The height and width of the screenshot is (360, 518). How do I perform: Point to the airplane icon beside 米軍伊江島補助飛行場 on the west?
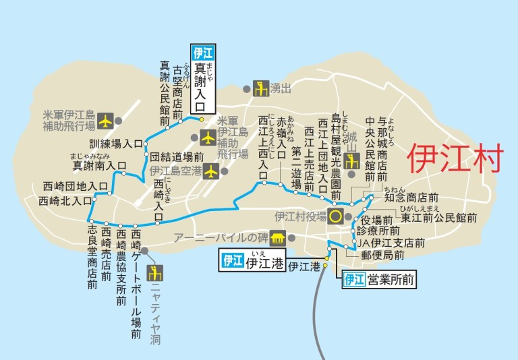[x=105, y=120]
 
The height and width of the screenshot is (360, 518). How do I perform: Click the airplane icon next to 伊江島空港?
[x=211, y=171]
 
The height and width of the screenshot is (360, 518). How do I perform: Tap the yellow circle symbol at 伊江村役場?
[x=335, y=216]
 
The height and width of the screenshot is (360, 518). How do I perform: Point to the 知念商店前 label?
[x=411, y=198]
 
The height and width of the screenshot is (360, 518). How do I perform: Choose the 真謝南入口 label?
[x=99, y=164]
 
